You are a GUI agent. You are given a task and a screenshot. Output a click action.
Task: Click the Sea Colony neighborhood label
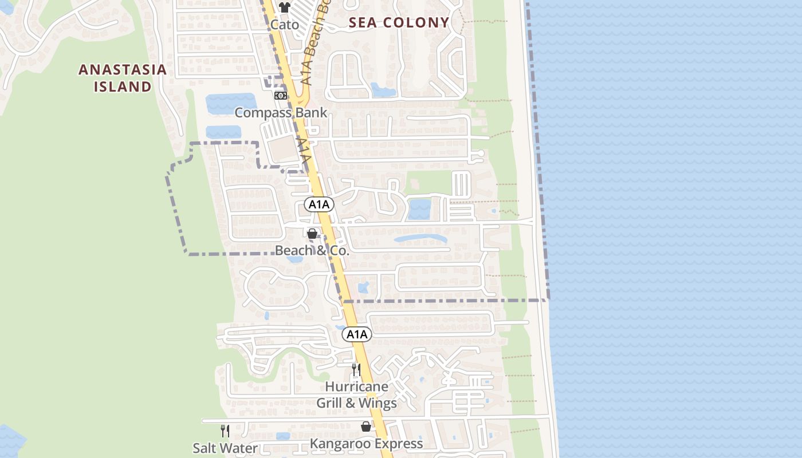(399, 23)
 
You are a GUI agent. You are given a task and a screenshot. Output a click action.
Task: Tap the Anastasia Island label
(123, 78)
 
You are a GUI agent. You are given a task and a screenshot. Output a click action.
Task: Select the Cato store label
(285, 25)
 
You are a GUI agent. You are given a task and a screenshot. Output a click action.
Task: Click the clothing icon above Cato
(285, 7)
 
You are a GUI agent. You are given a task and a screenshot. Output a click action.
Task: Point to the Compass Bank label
(281, 112)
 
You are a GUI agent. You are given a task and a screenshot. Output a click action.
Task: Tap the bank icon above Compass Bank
(281, 96)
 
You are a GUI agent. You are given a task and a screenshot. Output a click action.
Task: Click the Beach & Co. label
(312, 250)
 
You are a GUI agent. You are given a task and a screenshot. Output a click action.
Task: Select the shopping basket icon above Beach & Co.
(312, 234)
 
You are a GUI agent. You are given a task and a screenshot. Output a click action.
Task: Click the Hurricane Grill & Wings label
(356, 394)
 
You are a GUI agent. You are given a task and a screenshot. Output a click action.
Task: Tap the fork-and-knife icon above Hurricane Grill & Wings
(356, 369)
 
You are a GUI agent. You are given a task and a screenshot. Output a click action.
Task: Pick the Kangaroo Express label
(366, 443)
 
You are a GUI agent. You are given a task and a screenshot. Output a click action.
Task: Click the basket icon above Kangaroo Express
(366, 427)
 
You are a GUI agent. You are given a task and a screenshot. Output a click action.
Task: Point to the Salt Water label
(225, 448)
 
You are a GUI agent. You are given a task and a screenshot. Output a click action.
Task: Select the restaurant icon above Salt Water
(225, 431)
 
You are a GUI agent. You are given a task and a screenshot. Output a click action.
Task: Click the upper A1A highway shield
(319, 204)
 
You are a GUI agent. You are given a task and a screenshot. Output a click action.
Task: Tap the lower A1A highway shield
(356, 334)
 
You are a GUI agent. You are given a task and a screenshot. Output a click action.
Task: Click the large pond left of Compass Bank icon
(230, 104)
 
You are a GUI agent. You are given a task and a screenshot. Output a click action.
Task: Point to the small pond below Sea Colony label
(383, 90)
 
